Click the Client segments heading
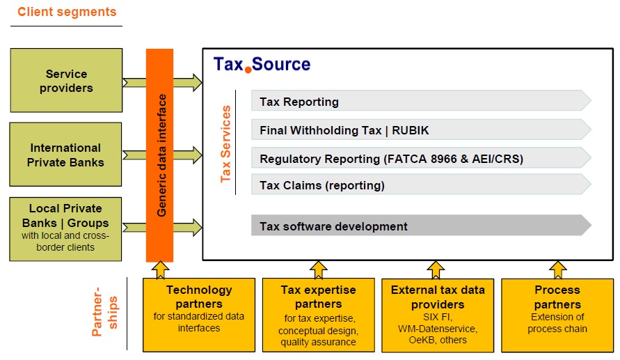click(x=67, y=12)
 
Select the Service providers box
click(x=66, y=80)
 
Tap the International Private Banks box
click(x=65, y=155)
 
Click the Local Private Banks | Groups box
click(x=65, y=229)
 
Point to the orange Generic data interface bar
click(x=160, y=155)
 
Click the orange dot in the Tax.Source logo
click(x=248, y=70)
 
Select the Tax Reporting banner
click(x=421, y=101)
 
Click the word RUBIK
click(x=410, y=130)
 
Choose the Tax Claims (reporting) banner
click(x=421, y=185)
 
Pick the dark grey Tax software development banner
click(x=421, y=226)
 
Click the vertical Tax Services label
click(x=225, y=144)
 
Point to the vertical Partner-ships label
click(x=105, y=312)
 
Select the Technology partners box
click(x=199, y=315)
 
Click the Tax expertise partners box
click(x=318, y=315)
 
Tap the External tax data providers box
click(x=438, y=315)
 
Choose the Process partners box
click(x=557, y=315)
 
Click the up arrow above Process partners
click(x=557, y=269)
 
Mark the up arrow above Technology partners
click(x=160, y=269)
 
